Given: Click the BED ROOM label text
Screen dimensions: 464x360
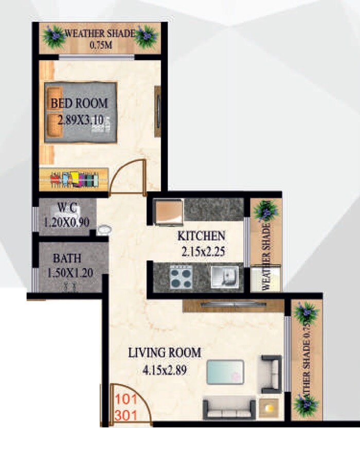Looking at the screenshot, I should [79, 103].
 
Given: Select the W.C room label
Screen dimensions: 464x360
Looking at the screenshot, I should [67, 208].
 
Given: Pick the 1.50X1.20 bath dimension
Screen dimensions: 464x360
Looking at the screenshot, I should [70, 273].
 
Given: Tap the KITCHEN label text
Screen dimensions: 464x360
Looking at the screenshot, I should [201, 236].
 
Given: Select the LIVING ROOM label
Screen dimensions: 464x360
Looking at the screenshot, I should [164, 353].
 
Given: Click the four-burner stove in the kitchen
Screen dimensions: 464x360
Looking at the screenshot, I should [181, 278].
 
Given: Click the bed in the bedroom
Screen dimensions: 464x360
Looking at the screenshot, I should [80, 112].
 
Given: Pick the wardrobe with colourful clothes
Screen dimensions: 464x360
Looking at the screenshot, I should [74, 180].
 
